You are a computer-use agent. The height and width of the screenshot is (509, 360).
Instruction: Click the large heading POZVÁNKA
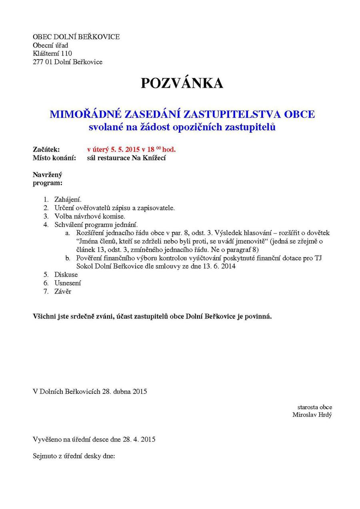tap(182, 83)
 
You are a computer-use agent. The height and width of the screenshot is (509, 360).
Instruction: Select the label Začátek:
tap(46, 150)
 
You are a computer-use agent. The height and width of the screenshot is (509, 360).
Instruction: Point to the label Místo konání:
tap(54, 158)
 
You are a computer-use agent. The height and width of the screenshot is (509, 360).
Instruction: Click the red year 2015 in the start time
tap(132, 150)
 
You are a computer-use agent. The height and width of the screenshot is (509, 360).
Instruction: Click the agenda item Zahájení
tap(68, 199)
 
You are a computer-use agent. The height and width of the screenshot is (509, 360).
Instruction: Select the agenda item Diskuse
tap(66, 275)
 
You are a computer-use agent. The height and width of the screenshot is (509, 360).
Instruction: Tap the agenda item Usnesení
tap(68, 283)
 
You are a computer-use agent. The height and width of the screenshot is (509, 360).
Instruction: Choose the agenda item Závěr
tap(63, 291)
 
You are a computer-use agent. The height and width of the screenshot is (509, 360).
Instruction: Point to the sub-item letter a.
tap(68, 233)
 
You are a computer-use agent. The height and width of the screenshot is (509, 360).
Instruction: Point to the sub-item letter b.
tap(68, 258)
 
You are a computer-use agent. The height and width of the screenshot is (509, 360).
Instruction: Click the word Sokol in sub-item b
tap(84, 266)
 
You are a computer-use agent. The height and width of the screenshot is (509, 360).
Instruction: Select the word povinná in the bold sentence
tap(258, 317)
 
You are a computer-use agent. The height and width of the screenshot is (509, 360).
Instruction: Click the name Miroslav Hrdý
tap(312, 415)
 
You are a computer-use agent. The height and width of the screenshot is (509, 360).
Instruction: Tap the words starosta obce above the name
tap(314, 407)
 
